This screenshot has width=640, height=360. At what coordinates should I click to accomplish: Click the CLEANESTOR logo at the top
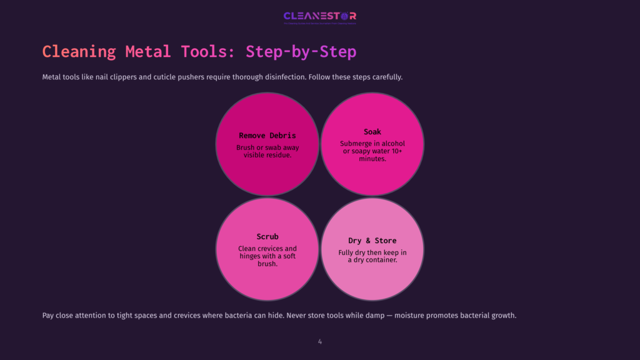(319, 16)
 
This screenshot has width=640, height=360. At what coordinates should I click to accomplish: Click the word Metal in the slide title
(148, 51)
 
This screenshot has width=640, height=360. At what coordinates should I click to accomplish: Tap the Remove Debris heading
(267, 136)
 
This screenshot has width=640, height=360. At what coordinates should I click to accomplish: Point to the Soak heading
(372, 132)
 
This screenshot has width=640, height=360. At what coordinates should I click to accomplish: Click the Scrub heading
(267, 237)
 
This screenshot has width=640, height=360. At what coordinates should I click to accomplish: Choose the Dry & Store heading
(372, 241)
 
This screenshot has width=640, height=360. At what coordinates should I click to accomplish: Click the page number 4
(320, 342)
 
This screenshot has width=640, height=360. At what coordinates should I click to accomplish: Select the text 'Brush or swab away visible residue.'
(267, 151)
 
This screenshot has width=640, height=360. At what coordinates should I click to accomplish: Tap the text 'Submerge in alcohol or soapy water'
(372, 147)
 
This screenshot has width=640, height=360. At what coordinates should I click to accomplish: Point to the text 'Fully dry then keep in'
(372, 252)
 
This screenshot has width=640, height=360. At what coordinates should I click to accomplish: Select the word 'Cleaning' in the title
(79, 51)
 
